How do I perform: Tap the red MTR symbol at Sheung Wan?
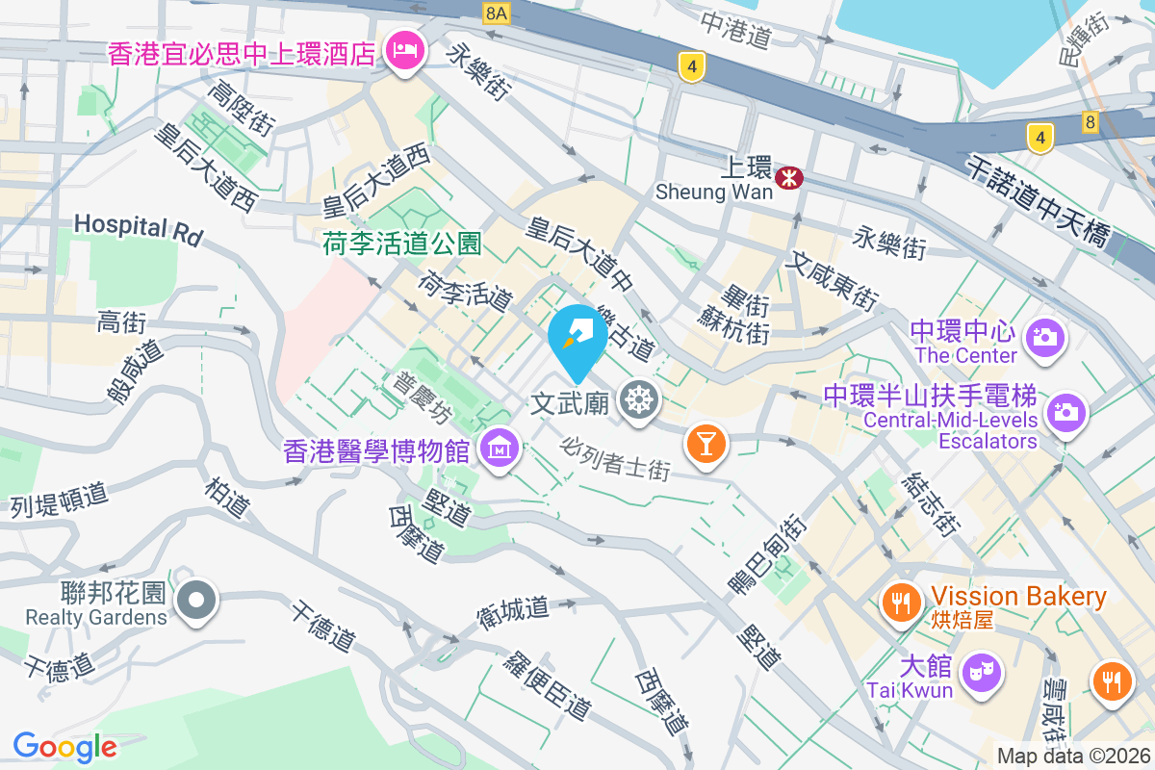(x=790, y=177)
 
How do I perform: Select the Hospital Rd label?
(x=139, y=228)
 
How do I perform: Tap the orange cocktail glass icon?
(x=706, y=444)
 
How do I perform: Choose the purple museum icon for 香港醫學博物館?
(x=500, y=449)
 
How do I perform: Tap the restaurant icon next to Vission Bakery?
(x=902, y=603)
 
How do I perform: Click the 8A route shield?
(x=496, y=13)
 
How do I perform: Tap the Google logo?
(x=65, y=746)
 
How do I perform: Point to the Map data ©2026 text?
(x=1072, y=757)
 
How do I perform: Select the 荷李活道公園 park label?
(x=402, y=244)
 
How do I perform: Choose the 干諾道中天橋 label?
(x=1039, y=205)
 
